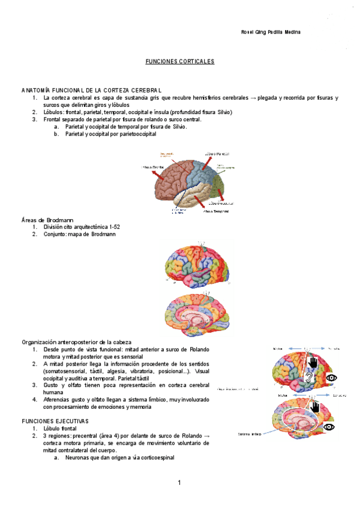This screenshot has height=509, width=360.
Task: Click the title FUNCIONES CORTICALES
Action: click(180, 61)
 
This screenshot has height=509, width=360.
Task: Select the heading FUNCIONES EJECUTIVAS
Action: click(55, 421)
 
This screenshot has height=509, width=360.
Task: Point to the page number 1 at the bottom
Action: click(179, 483)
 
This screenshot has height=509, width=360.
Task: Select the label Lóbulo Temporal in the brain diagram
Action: click(217, 211)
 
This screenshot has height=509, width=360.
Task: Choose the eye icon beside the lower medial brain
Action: click(328, 426)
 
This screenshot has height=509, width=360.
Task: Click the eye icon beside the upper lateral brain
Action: click(332, 378)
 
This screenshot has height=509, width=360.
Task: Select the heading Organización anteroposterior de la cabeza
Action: click(76, 342)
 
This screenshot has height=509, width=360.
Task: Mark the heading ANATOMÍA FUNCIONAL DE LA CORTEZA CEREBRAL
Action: click(91, 90)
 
